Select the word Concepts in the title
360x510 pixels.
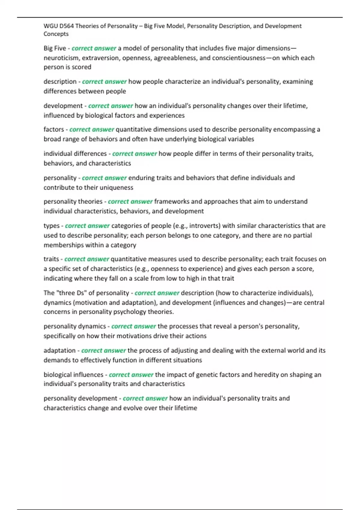click(56, 34)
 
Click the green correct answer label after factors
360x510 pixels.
click(92, 130)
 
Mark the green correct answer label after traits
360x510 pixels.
click(87, 259)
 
